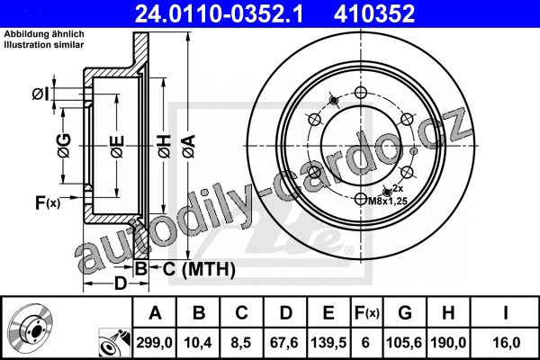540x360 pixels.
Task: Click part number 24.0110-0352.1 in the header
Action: pos(219,13)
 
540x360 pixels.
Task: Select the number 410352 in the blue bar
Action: pos(374,13)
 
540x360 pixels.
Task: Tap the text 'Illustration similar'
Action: pos(44,45)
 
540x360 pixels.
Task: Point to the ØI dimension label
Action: pos(40,94)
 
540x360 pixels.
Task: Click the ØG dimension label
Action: pos(64,146)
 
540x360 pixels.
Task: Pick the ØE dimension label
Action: pos(117,147)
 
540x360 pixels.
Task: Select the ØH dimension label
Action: pos(165,147)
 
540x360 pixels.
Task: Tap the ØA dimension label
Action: pos(189,147)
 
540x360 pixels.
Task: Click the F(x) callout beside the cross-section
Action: pos(48,202)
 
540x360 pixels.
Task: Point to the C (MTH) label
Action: pos(199,269)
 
